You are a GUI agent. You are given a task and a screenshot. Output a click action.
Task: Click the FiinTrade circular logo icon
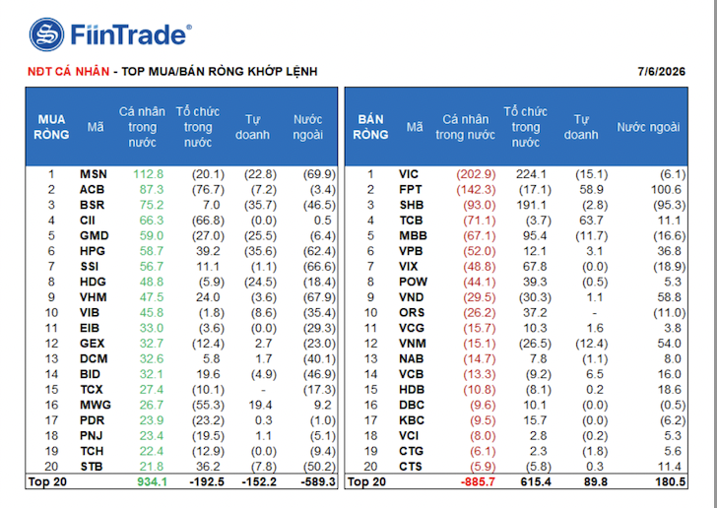pyautogui.click(x=46, y=34)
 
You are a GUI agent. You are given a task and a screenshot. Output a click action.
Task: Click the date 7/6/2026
pyautogui.click(x=661, y=72)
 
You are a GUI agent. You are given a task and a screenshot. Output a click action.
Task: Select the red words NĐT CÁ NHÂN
pyautogui.click(x=68, y=71)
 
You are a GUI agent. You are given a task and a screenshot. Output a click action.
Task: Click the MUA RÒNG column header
pyautogui.click(x=51, y=127)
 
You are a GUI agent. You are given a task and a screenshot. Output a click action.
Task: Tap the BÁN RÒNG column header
pyautogui.click(x=371, y=127)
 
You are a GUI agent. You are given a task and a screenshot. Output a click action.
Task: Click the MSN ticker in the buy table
pyautogui.click(x=94, y=174)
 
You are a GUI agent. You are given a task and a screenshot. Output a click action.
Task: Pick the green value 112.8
pyautogui.click(x=148, y=174)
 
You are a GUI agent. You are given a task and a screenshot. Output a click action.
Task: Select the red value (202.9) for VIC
pyautogui.click(x=476, y=174)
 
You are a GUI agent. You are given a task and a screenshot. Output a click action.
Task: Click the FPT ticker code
pyautogui.click(x=410, y=190)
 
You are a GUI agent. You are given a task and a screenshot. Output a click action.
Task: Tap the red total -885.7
pyautogui.click(x=477, y=482)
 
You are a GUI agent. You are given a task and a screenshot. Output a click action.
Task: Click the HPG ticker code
pyautogui.click(x=93, y=251)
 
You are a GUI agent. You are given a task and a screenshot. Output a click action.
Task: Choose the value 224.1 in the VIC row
pyautogui.click(x=531, y=174)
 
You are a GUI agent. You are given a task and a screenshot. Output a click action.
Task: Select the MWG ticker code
pyautogui.click(x=96, y=405)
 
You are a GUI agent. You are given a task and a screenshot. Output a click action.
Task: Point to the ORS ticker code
pyautogui.click(x=412, y=313)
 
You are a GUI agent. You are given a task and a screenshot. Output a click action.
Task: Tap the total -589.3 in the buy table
pyautogui.click(x=318, y=482)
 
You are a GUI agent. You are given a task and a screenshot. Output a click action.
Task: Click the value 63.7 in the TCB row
pyautogui.click(x=591, y=221)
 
